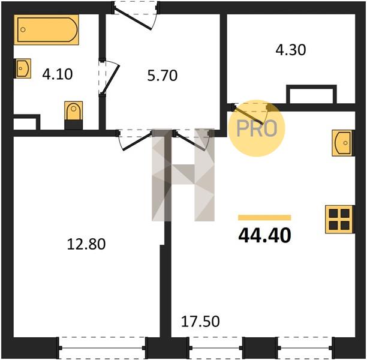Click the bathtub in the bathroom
tap(46, 29)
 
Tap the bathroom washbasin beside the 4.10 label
tap(23, 68)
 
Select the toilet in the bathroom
tap(74, 115)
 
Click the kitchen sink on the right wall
tap(342, 143)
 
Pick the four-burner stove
tap(339, 219)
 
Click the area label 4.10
tap(58, 74)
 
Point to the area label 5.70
tap(163, 76)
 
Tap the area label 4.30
tap(291, 50)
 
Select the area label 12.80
tap(86, 244)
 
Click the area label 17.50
tap(200, 322)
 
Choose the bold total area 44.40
tap(264, 235)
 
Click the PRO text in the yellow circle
tap(257, 128)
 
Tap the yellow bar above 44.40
tap(264, 218)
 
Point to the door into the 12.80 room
tap(136, 140)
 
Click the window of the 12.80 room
tap(102, 347)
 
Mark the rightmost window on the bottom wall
tap(305, 347)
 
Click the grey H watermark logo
tap(183, 175)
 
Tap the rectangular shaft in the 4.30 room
tap(311, 94)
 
